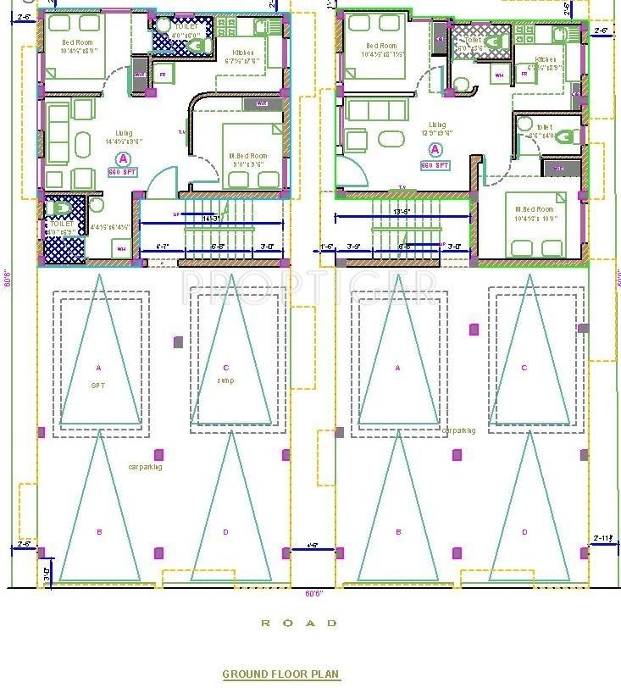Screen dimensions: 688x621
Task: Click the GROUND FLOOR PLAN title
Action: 280,674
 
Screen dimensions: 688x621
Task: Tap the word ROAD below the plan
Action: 298,623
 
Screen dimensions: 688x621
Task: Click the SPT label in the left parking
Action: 98,384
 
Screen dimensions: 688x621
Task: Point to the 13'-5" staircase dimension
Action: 402,211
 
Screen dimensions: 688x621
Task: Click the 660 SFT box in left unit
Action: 123,172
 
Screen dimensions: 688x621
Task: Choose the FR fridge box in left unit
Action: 164,75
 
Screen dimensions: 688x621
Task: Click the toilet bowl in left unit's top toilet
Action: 197,45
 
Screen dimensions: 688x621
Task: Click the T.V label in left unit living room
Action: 181,132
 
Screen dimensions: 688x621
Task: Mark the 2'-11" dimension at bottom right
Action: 603,538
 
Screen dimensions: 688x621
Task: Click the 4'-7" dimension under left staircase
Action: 164,247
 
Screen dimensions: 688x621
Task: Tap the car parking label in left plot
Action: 145,466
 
